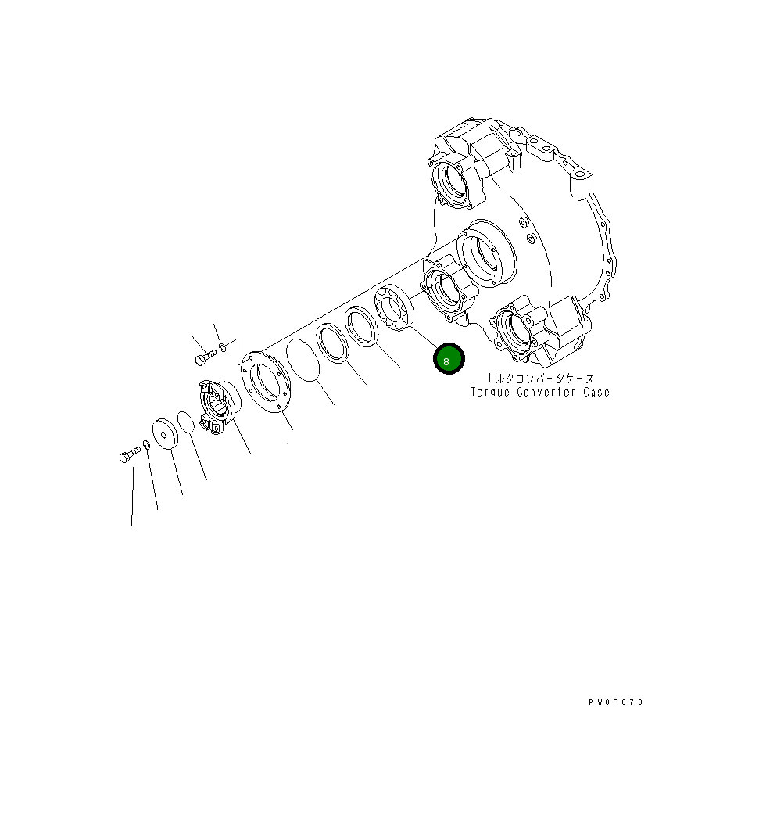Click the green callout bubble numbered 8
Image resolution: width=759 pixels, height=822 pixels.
point(449,360)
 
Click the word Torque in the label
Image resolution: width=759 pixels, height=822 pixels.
point(489,392)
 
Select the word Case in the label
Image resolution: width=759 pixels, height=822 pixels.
point(596,392)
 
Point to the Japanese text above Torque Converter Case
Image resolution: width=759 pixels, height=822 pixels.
point(540,378)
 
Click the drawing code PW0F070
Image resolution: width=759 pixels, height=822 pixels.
point(616,702)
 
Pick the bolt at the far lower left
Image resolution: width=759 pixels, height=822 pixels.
point(129,455)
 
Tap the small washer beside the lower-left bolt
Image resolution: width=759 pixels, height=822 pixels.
point(146,445)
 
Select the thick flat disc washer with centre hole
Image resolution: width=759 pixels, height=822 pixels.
point(165,433)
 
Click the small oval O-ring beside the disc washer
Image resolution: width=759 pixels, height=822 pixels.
point(186,422)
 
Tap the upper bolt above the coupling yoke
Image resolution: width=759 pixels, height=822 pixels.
point(204,358)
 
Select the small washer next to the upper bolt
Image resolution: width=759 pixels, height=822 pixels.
point(223,347)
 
